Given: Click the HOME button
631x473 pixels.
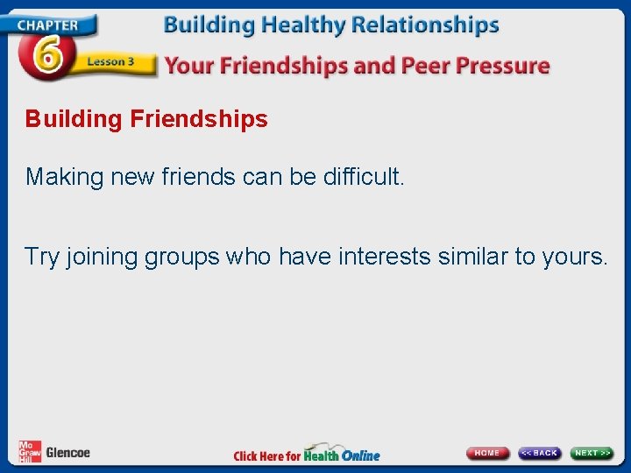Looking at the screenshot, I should coord(487,453).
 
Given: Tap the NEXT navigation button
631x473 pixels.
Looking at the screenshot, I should coord(592,453).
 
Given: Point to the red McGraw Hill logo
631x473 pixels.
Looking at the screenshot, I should coord(29,451).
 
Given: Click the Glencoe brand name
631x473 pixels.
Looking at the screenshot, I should coord(67,453).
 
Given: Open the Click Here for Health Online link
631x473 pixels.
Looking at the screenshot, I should coord(307,454).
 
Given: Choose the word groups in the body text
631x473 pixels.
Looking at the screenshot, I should coord(182,258).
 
